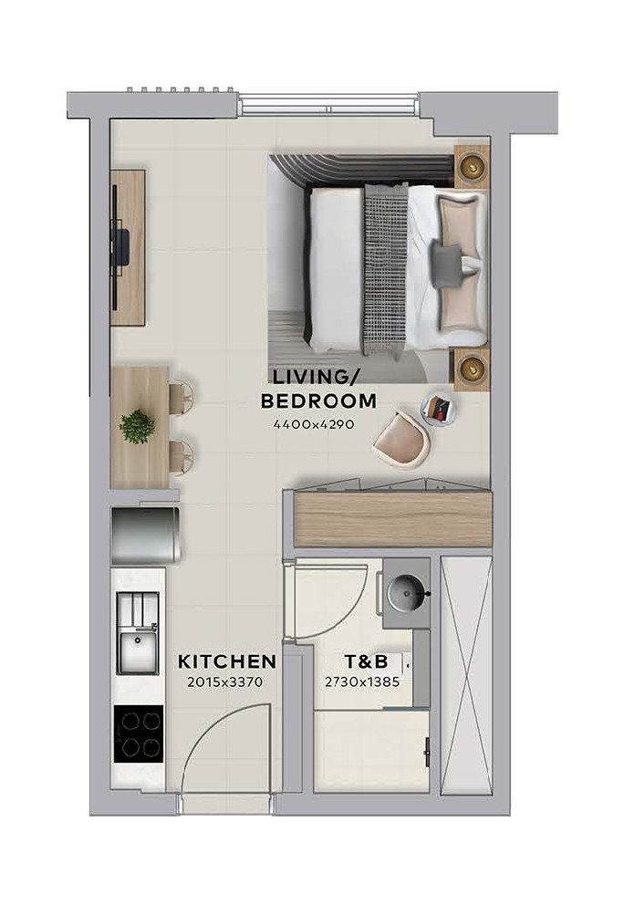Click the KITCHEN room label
pyautogui.click(x=227, y=661)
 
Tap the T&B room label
pyautogui.click(x=366, y=661)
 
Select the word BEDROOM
pyautogui.click(x=318, y=400)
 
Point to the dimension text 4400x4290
pyautogui.click(x=314, y=424)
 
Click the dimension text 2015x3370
pyautogui.click(x=225, y=682)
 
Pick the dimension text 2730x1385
pyautogui.click(x=362, y=682)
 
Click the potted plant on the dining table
pyautogui.click(x=138, y=427)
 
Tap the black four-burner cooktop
pyautogui.click(x=139, y=733)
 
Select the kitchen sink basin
pyautogui.click(x=138, y=652)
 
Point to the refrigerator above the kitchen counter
pyautogui.click(x=146, y=535)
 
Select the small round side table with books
pyautogui.click(x=438, y=408)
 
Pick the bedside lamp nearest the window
pyautogui.click(x=472, y=166)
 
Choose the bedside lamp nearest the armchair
pyautogui.click(x=472, y=365)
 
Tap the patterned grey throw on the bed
pyautogui.click(x=385, y=268)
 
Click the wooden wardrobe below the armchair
pyautogui.click(x=393, y=517)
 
